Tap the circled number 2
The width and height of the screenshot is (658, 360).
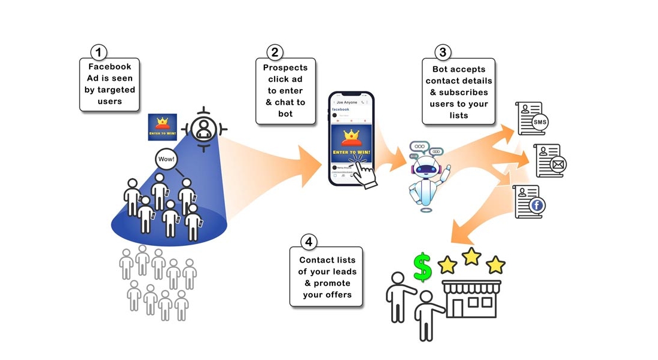click(275, 52)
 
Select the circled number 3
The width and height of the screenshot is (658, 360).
click(442, 52)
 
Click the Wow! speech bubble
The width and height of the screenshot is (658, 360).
click(165, 160)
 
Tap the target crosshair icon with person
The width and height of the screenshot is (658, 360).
click(204, 128)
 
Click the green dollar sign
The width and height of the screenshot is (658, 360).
click(423, 267)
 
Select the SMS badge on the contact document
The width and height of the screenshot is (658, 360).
click(540, 123)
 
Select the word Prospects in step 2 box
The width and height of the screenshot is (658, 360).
click(285, 68)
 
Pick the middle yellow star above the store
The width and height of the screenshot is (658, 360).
click(471, 257)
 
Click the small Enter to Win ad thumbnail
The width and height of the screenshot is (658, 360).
click(162, 127)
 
